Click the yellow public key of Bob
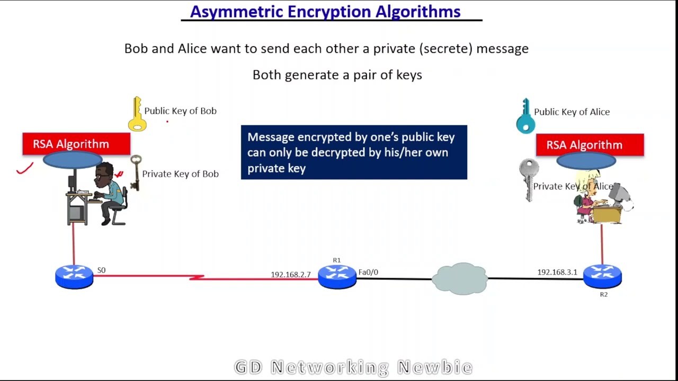pyautogui.click(x=137, y=114)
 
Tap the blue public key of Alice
pyautogui.click(x=525, y=116)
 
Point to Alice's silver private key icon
pyautogui.click(x=529, y=180)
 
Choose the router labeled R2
pyautogui.click(x=602, y=276)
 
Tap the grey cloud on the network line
pyautogui.click(x=460, y=278)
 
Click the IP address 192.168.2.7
pyautogui.click(x=290, y=275)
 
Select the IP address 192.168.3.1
pyautogui.click(x=557, y=272)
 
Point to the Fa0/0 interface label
pyautogui.click(x=368, y=272)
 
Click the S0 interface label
pyautogui.click(x=101, y=270)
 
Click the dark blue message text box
pyautogui.click(x=354, y=152)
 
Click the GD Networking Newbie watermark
pyautogui.click(x=353, y=367)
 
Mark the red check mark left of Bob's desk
pyautogui.click(x=24, y=169)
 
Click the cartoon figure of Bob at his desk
pyautogui.click(x=109, y=193)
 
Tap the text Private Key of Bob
pyautogui.click(x=180, y=174)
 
